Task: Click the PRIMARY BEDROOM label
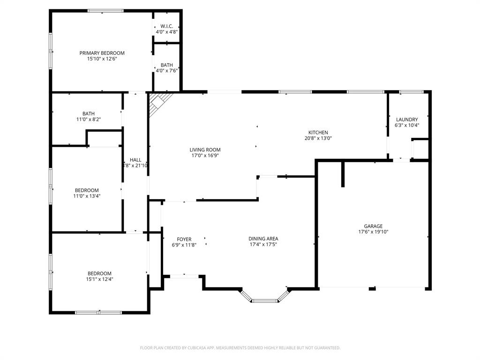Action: coord(102,53)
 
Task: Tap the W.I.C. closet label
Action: coord(167,26)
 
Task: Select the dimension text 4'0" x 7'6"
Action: coord(167,71)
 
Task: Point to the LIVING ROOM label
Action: coord(205,150)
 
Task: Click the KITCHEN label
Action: coord(318,133)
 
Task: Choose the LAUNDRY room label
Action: coord(406,120)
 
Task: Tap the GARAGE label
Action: coord(373,226)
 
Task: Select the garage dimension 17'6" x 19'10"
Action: coord(373,232)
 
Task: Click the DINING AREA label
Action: coord(263,239)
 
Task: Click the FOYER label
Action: coord(184,240)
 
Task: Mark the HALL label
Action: coord(135,160)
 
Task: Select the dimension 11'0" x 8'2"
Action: coord(88,120)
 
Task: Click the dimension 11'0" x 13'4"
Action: coord(87,196)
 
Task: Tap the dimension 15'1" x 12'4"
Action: coord(99,279)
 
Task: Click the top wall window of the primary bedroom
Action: coord(105,11)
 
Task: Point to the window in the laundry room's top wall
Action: coord(410,92)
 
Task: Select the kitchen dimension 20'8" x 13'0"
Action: coord(318,138)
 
